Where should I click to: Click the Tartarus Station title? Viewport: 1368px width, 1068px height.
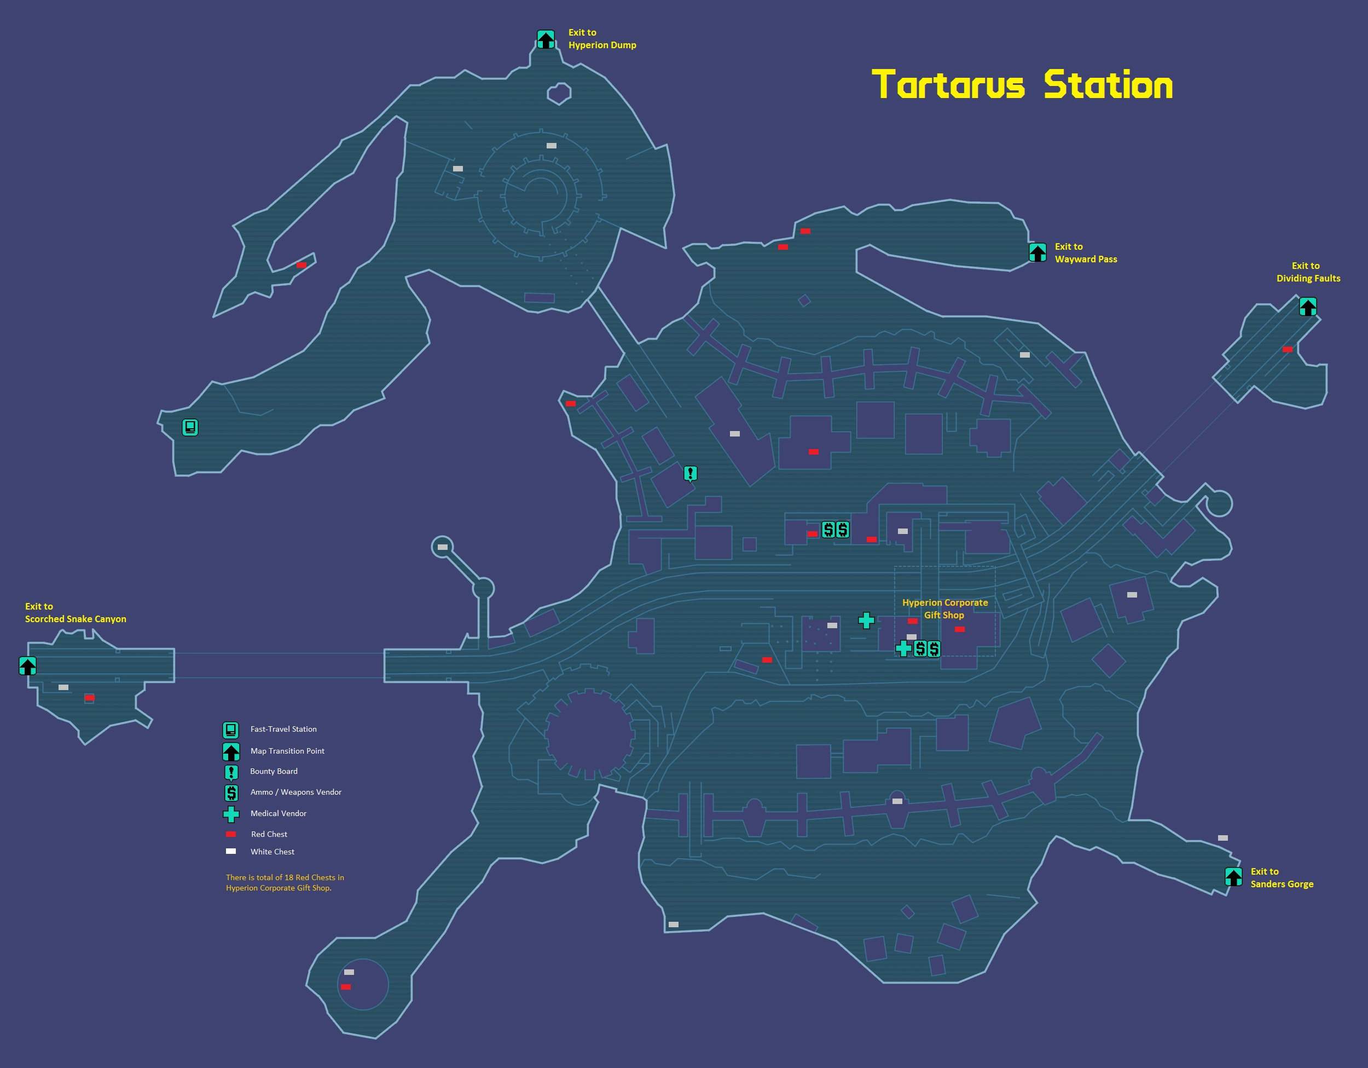[1022, 85]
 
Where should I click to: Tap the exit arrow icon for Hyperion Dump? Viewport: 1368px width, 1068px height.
[546, 39]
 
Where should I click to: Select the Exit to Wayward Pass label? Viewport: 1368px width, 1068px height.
[1086, 252]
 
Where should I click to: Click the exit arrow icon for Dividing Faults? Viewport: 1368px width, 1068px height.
[1308, 307]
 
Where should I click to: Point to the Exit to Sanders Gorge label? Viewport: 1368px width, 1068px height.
[1282, 877]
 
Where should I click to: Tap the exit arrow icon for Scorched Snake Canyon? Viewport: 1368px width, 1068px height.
[27, 665]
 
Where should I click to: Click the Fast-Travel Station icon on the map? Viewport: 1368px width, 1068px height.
[190, 427]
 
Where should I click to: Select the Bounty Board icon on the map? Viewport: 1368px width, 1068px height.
[690, 474]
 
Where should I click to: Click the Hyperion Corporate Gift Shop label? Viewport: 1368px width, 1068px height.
[944, 608]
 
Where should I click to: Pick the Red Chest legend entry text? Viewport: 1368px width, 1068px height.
[269, 834]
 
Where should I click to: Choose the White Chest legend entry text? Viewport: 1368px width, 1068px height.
[273, 852]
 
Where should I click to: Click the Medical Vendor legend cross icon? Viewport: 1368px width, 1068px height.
[231, 814]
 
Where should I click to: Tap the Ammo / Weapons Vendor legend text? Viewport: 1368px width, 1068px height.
[295, 792]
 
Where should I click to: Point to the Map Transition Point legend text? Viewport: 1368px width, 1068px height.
[287, 751]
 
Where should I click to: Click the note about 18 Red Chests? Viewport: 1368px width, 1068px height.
[285, 882]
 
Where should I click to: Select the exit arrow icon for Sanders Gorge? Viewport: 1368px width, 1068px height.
[1233, 877]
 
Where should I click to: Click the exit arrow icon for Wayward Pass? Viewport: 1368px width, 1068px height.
[1037, 252]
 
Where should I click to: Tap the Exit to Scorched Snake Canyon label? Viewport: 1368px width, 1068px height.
[75, 612]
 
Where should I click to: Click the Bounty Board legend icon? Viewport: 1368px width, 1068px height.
[231, 773]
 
